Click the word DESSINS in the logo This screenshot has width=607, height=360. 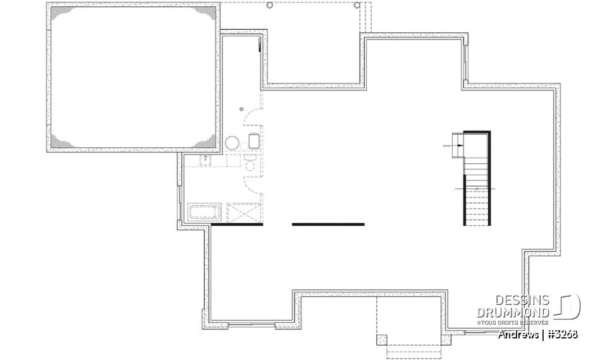tap(522, 301)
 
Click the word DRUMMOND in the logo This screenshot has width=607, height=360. tap(513, 312)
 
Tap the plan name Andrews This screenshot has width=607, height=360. tap(518, 334)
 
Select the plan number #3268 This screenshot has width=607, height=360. tap(563, 334)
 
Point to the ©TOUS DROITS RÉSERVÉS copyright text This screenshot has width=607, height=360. tap(513, 322)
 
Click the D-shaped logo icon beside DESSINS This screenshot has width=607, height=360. tap(568, 307)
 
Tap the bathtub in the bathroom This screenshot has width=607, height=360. tap(204, 211)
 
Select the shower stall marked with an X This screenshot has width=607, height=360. tap(243, 213)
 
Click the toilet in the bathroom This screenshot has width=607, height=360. tap(250, 166)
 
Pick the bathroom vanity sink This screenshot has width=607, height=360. tap(206, 161)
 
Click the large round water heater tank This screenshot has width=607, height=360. tap(232, 142)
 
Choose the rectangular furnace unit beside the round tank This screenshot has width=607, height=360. tap(254, 140)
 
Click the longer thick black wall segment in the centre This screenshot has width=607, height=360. tap(328, 224)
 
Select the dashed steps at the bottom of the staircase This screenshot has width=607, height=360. tap(477, 208)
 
